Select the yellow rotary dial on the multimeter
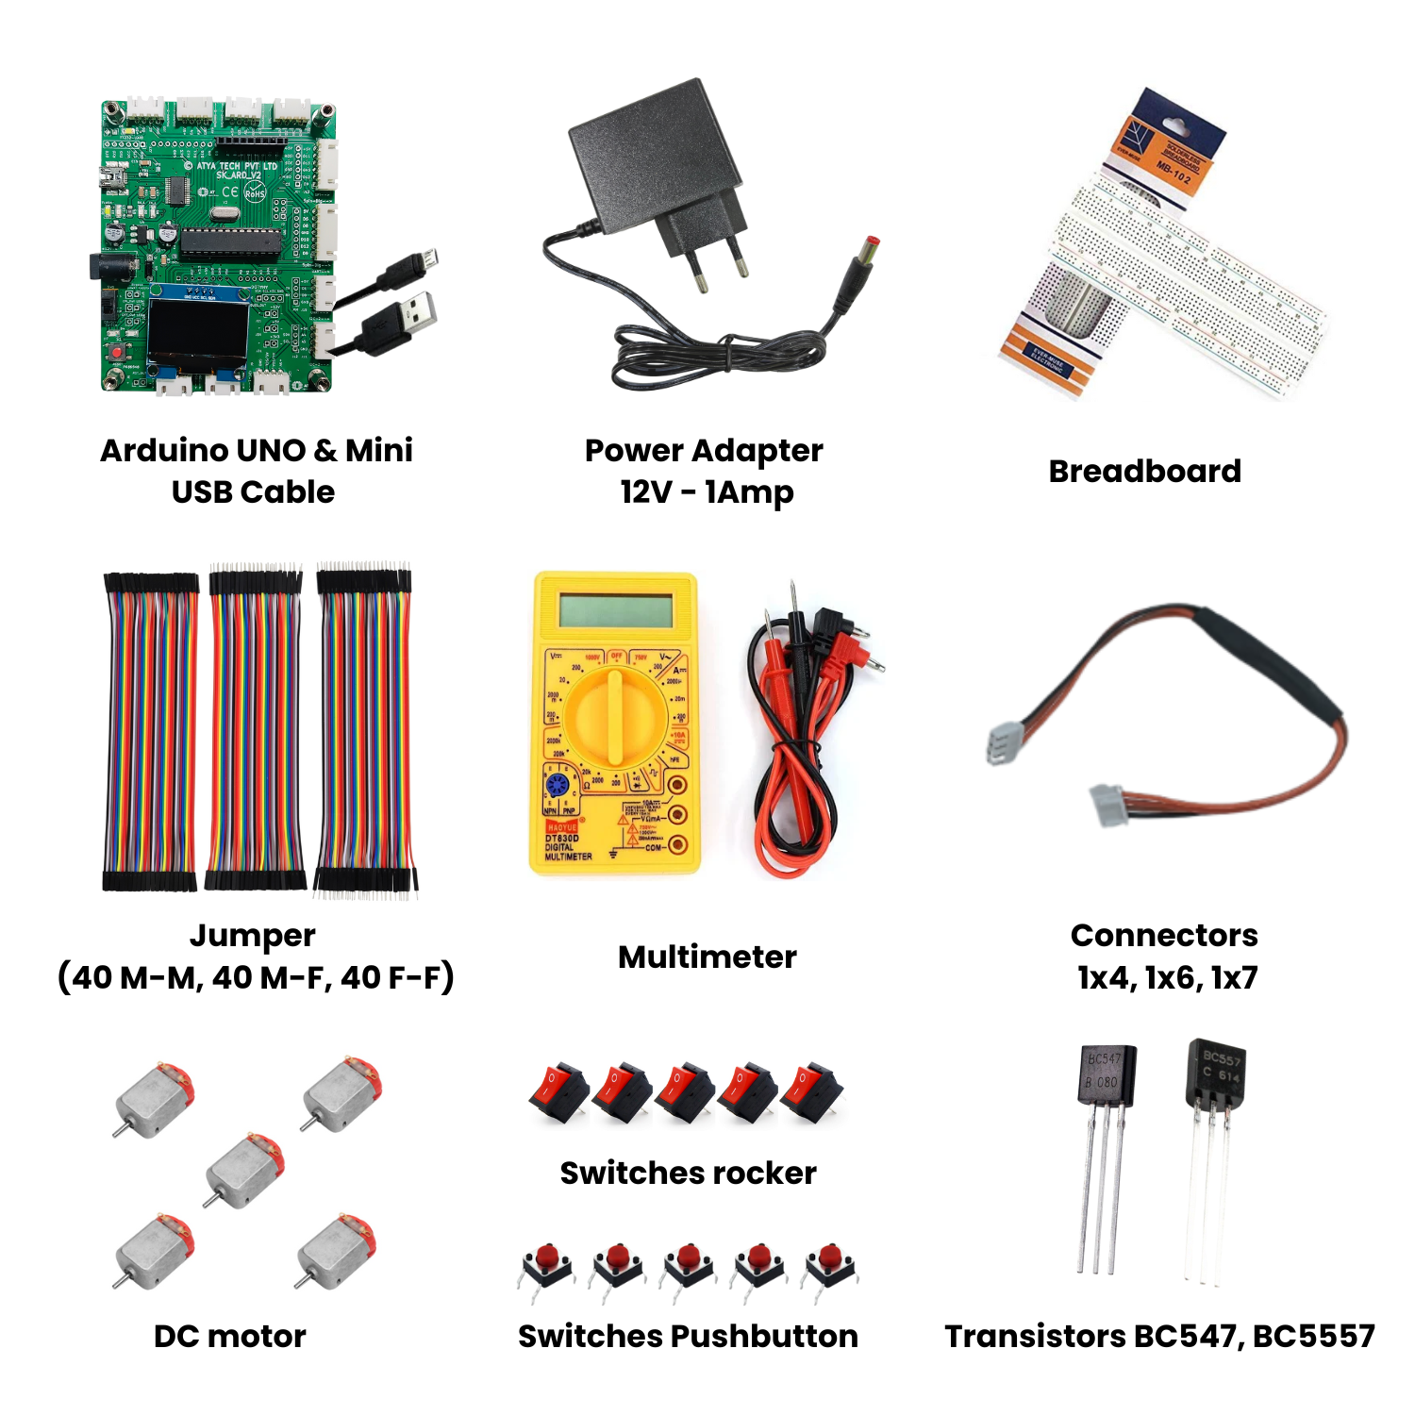615,718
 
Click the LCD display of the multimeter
615,609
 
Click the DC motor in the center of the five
243,1171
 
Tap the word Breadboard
1144,471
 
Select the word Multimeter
707,957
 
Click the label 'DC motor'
229,1336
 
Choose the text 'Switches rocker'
688,1173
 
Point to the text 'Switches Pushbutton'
688,1336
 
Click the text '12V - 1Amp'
707,491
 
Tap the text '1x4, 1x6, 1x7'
1167,977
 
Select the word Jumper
252,935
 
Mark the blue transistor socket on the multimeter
557,784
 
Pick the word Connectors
1164,935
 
